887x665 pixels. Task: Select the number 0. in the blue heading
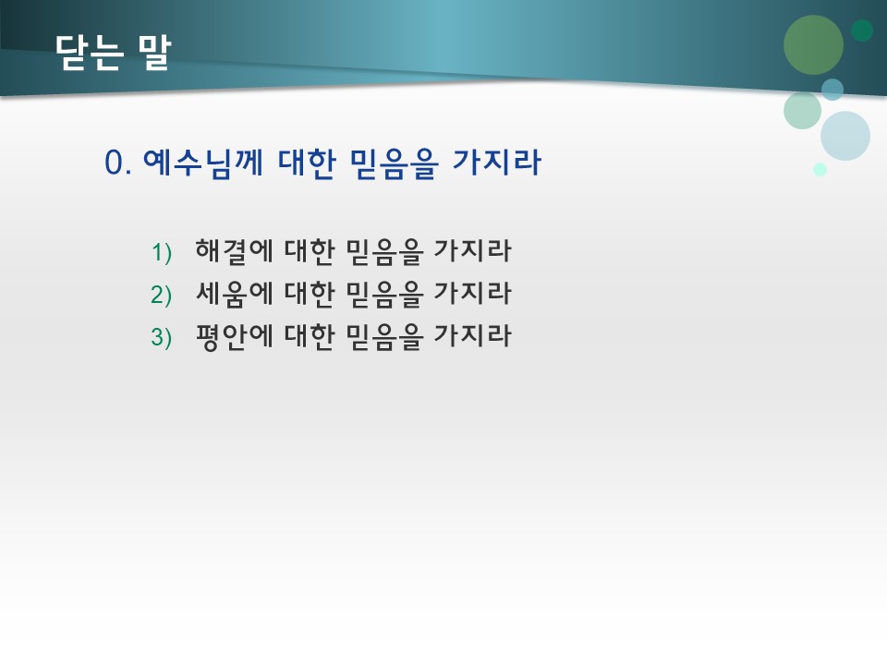click(120, 163)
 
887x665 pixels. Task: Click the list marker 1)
click(162, 251)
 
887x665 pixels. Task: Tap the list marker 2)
click(162, 295)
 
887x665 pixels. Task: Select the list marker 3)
click(162, 338)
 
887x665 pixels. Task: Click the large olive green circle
click(813, 44)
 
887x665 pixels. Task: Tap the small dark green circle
click(862, 30)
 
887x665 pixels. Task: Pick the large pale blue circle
click(845, 136)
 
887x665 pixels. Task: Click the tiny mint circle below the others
click(820, 169)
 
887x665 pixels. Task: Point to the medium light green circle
click(802, 110)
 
